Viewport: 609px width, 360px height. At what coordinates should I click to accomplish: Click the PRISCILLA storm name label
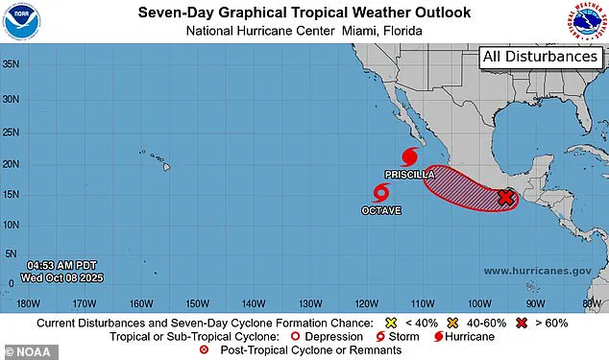tap(410, 176)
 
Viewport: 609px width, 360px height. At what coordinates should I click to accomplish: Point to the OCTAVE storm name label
tap(381, 210)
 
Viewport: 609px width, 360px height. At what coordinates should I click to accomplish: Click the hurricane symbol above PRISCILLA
tap(410, 156)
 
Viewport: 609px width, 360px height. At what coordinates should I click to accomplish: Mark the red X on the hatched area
tap(506, 198)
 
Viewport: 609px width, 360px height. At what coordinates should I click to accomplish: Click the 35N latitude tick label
tap(12, 65)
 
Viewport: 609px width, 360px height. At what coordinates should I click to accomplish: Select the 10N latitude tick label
tap(12, 224)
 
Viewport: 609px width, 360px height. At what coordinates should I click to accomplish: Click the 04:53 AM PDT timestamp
tap(64, 265)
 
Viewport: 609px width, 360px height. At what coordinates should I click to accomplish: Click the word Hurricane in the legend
tap(470, 337)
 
